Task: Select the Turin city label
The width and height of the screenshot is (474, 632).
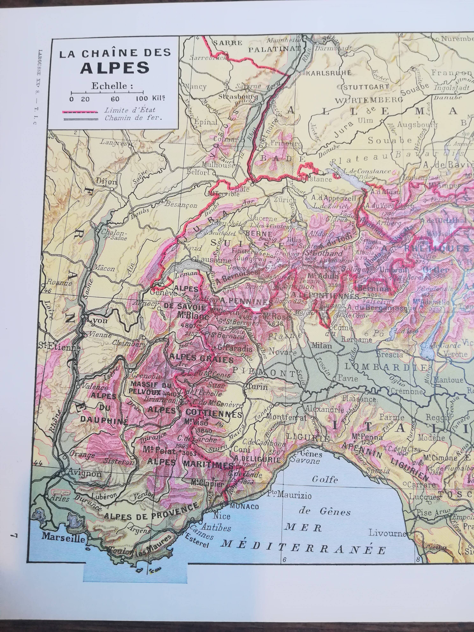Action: [x=258, y=387]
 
